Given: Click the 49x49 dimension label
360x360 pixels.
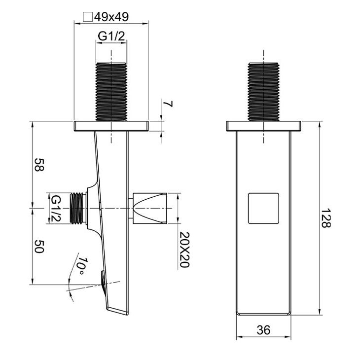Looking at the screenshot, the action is click(x=111, y=17).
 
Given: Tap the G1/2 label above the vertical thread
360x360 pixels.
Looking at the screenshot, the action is click(x=111, y=36).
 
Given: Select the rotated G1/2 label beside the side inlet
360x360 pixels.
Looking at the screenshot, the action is click(x=56, y=209).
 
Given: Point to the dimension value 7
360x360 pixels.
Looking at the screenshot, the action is click(x=168, y=104).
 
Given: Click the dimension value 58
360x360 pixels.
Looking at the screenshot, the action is click(x=39, y=165).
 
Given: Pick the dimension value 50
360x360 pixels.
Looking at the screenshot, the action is click(x=39, y=247).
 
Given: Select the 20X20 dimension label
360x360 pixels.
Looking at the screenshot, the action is click(x=184, y=250).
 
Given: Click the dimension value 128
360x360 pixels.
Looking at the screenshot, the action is click(x=325, y=218).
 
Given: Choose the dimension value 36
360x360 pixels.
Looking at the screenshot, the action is click(x=263, y=330).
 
